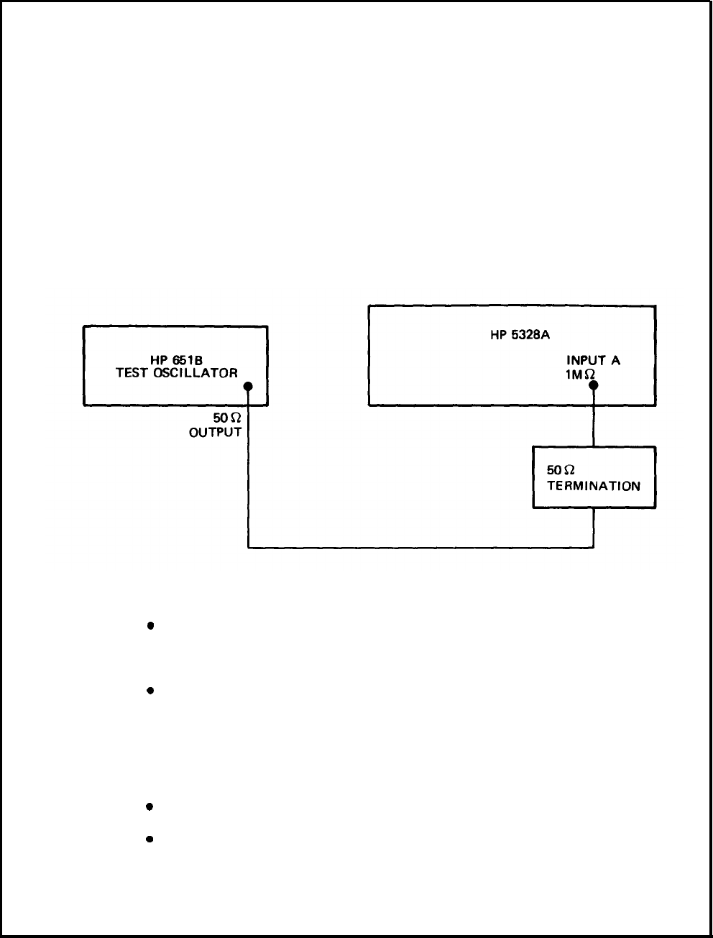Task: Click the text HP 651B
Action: [x=176, y=361]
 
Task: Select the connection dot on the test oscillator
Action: [x=248, y=387]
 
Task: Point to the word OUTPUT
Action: [x=215, y=432]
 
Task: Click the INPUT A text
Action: [x=593, y=361]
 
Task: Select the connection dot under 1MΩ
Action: [x=594, y=385]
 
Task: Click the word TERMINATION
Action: [x=594, y=486]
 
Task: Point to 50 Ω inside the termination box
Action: [x=561, y=470]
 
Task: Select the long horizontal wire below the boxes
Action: [x=420, y=548]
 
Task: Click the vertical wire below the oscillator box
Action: [x=248, y=489]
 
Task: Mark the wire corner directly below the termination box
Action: [x=594, y=548]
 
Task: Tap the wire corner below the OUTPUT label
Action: [x=248, y=548]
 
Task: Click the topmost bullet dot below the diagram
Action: [x=150, y=625]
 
